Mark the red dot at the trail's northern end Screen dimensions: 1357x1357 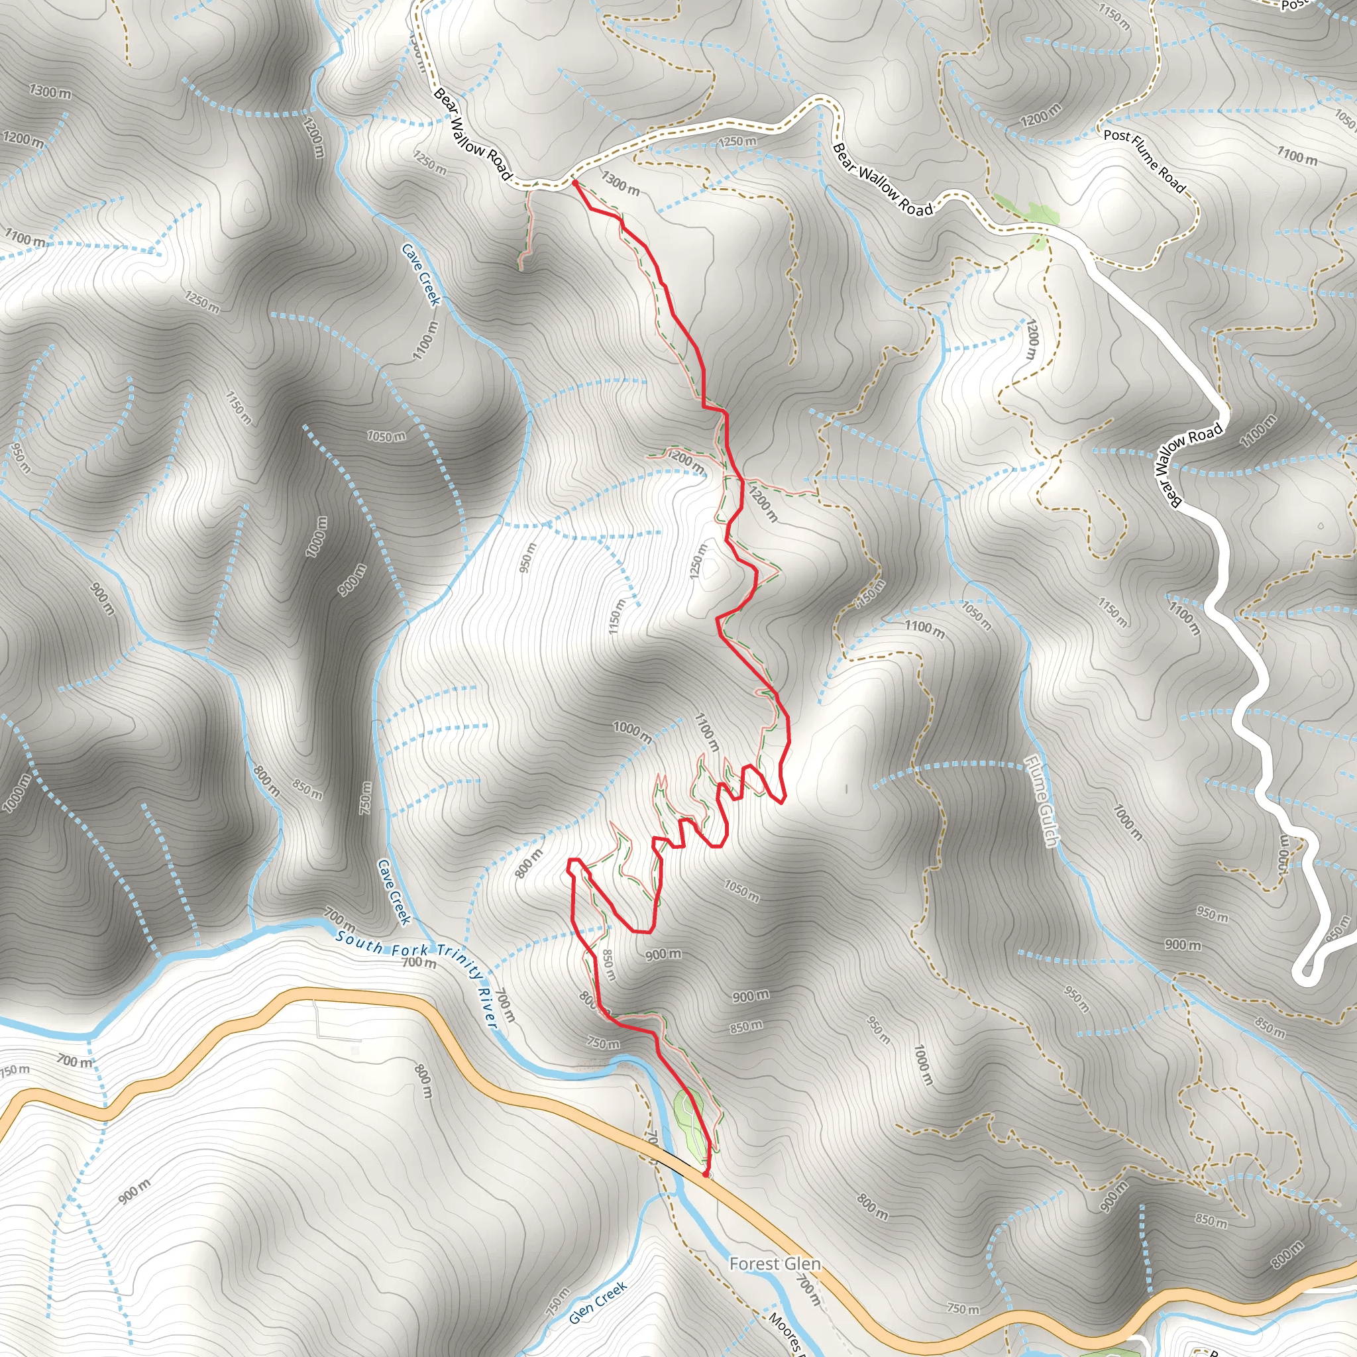pos(574,183)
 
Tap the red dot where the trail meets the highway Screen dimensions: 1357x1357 pos(706,1173)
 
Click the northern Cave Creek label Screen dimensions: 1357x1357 pos(421,274)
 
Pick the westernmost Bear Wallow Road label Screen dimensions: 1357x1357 pos(470,133)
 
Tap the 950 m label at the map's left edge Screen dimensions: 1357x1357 pos(21,457)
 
